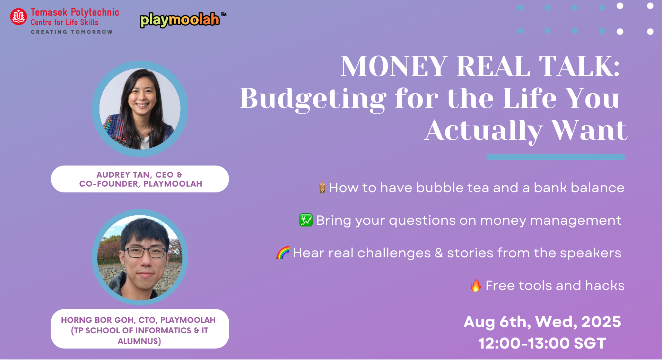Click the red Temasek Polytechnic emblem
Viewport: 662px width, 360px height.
(x=18, y=17)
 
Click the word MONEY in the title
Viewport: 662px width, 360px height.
(x=394, y=66)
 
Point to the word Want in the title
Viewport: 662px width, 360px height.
(x=589, y=130)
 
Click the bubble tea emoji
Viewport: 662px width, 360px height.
(x=322, y=187)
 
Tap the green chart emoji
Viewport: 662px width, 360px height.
(x=306, y=220)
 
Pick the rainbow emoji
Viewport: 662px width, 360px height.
(x=283, y=253)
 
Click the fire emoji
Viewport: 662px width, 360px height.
(x=476, y=285)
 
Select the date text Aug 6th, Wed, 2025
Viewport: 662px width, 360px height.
(x=542, y=322)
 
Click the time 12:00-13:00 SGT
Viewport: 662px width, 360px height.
(x=542, y=343)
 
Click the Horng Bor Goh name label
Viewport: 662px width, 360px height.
(x=140, y=329)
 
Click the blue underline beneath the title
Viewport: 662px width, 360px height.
(x=556, y=157)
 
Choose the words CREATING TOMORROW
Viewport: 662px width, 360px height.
(x=72, y=32)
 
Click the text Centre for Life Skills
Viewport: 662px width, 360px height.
(x=64, y=22)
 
